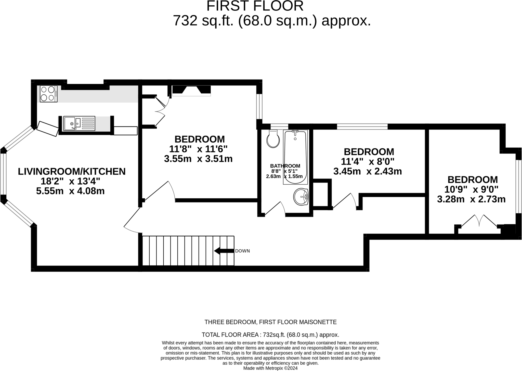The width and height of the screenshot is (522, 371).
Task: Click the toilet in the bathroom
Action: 273,139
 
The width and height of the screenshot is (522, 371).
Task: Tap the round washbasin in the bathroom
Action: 301,197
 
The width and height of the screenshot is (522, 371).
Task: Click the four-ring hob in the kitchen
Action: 48,94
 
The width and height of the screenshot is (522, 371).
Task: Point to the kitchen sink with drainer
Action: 79,123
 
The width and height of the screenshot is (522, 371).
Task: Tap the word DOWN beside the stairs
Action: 242,251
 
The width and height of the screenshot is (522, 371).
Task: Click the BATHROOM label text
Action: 285,166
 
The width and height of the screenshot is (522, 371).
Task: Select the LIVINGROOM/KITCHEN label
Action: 72,171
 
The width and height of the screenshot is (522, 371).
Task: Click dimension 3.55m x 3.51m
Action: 198,159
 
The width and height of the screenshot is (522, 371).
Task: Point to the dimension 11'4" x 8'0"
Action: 368,161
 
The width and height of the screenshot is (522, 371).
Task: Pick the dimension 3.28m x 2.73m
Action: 471,199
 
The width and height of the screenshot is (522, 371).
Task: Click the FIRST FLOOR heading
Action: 255,6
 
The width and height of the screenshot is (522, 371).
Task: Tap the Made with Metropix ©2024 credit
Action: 270,368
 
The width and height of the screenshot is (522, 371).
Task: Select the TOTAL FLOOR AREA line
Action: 270,335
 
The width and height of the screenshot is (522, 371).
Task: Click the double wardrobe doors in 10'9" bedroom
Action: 479,221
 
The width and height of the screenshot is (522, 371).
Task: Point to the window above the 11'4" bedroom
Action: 362,126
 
